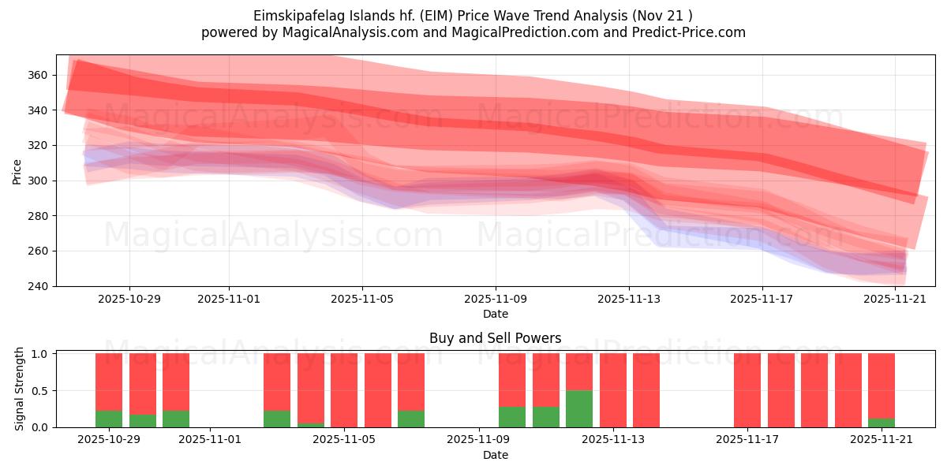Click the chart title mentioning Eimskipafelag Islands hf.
473,16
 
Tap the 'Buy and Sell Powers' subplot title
495,338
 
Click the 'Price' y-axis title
17,170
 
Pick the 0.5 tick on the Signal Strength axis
41,390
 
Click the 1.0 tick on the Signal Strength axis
41,353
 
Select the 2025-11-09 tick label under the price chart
496,300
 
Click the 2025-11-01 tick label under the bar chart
210,440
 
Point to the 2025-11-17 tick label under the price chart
762,300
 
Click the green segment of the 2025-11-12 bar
579,408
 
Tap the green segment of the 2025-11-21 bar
881,423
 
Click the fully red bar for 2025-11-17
747,390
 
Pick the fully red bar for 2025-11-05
344,390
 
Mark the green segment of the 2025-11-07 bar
411,419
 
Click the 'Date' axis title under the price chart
495,314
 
